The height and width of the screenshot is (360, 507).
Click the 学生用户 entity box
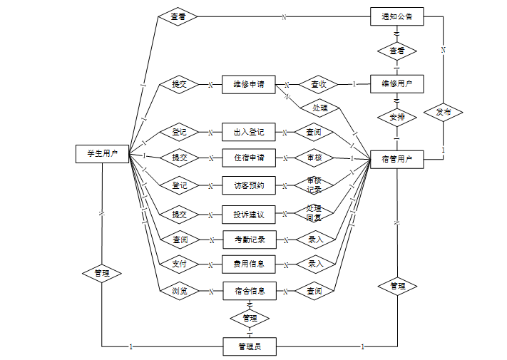[x=102, y=153]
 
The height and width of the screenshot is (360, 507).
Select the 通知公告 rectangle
[x=397, y=16]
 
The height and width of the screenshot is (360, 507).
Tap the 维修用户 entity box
[x=397, y=83]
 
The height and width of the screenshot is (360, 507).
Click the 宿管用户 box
[x=397, y=159]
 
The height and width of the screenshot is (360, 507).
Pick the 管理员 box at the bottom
[x=250, y=347]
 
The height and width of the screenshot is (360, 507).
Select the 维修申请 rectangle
[x=249, y=84]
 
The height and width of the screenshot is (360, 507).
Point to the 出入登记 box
[x=249, y=132]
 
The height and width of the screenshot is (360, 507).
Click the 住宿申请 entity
[x=249, y=157]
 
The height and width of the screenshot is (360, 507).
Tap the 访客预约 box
[x=249, y=185]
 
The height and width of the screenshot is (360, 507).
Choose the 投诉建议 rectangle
[x=249, y=214]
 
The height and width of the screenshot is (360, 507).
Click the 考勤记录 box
[x=249, y=240]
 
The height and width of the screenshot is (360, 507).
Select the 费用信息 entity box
[x=249, y=264]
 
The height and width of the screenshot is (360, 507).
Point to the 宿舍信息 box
[x=249, y=291]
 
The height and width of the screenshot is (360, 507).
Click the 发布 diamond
[x=443, y=113]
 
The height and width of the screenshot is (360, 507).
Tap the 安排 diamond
[x=397, y=118]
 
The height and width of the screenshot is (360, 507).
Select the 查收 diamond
[x=318, y=84]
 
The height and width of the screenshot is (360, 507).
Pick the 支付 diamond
[x=179, y=264]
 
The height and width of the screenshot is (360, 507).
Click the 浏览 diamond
[x=179, y=291]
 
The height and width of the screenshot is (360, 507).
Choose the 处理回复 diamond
[x=314, y=213]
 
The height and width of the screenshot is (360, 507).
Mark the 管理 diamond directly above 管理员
[x=250, y=318]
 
